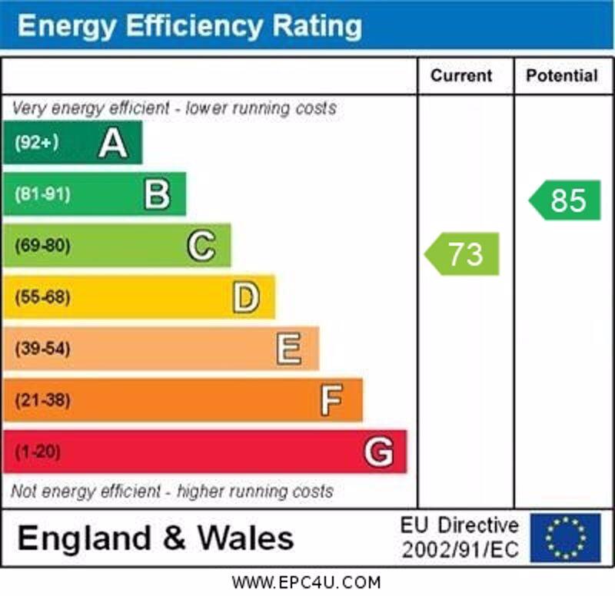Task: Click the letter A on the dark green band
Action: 113,143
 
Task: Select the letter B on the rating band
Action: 157,194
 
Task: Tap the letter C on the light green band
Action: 201,246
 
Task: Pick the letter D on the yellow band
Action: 245,297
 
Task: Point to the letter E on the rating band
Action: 289,349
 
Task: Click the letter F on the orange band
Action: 331,400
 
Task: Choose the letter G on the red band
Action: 377,452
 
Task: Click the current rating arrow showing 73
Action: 464,253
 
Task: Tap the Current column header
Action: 461,75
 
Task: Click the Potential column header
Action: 561,75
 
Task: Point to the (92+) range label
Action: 36,143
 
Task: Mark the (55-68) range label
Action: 42,297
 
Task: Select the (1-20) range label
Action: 37,452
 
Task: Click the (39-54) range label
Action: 42,349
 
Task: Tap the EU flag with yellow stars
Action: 565,538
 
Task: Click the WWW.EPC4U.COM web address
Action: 306,582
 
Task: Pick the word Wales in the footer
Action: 245,538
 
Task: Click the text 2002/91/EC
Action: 460,551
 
